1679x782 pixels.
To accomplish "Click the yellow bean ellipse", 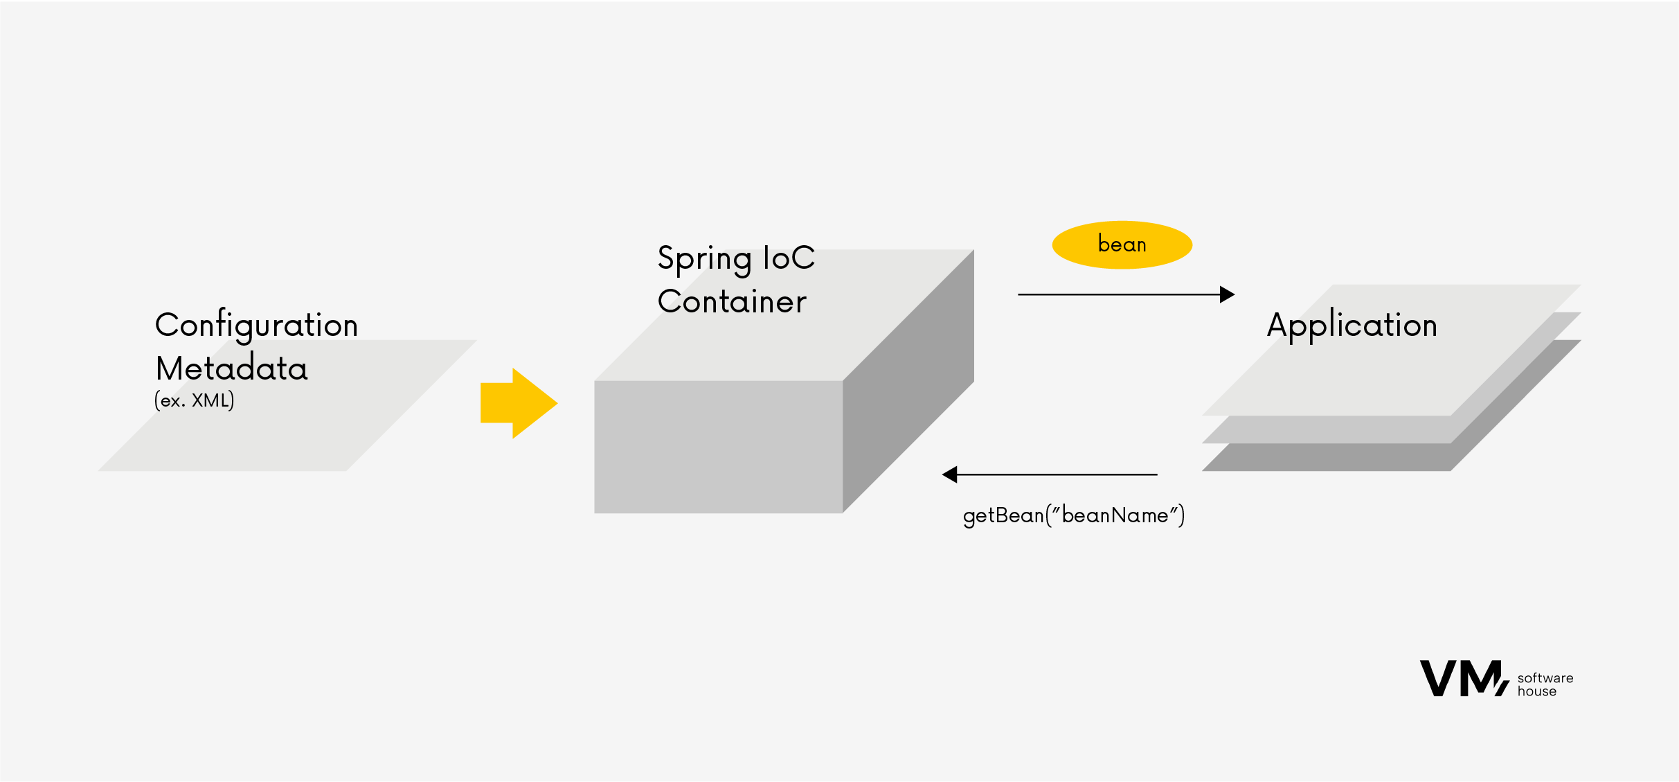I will (x=1122, y=245).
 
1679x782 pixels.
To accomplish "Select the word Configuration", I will (x=256, y=325).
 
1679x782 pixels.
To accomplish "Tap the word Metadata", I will (x=231, y=368).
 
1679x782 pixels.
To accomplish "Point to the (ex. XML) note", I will (x=194, y=400).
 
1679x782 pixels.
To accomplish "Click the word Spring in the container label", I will (x=704, y=259).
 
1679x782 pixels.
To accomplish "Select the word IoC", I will (x=789, y=258).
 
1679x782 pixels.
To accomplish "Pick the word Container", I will (x=732, y=301).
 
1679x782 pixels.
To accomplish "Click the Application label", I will (x=1352, y=325).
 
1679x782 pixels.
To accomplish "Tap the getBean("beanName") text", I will (x=1073, y=515).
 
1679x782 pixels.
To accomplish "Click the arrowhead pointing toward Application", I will (x=1227, y=294).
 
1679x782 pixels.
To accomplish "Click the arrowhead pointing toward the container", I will (x=950, y=474).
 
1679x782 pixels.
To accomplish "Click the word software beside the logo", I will (x=1545, y=678).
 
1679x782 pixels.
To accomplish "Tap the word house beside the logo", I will (x=1536, y=691).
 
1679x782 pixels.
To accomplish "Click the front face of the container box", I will (x=718, y=447).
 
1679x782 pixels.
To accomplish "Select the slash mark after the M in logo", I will (x=1502, y=688).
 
